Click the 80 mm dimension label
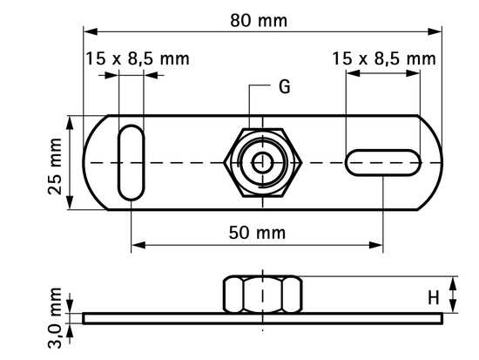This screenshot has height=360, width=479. tap(260, 19)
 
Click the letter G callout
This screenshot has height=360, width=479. tap(284, 87)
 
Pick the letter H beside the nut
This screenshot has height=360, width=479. tap(432, 297)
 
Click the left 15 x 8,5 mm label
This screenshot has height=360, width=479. tap(137, 59)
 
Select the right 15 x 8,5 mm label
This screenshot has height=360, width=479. tap(383, 59)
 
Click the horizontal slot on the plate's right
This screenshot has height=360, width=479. tap(382, 163)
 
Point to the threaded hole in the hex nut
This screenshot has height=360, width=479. tap(261, 163)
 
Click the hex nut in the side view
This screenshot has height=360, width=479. tap(261, 294)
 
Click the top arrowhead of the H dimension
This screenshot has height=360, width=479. tap(452, 282)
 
